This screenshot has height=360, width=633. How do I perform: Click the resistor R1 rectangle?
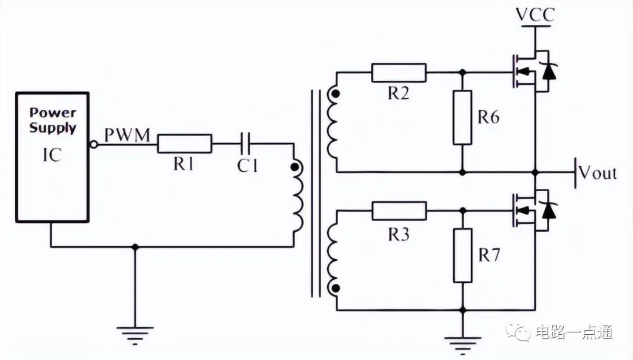(185, 144)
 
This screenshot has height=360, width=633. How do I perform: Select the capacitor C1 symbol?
(246, 144)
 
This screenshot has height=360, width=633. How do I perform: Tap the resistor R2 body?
(399, 73)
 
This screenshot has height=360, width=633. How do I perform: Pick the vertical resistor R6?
(462, 118)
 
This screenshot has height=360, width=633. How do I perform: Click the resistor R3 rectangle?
(399, 211)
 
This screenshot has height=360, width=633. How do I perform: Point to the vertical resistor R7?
(462, 256)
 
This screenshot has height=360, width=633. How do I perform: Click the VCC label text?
(535, 15)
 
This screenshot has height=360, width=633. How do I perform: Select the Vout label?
(597, 172)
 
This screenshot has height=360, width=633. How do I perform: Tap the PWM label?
(127, 135)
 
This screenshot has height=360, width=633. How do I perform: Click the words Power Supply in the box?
(53, 120)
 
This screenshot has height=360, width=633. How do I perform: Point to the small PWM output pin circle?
(94, 144)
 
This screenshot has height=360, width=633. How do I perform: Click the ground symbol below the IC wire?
(135, 335)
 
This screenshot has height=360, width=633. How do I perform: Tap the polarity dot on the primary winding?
(295, 167)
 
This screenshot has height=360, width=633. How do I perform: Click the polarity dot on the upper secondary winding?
(335, 94)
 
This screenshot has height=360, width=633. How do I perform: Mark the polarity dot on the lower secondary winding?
(335, 288)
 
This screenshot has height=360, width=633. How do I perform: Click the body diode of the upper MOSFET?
(549, 72)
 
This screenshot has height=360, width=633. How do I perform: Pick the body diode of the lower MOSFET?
(549, 210)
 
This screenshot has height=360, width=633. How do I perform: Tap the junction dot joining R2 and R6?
(462, 73)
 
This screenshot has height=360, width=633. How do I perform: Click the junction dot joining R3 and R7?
(463, 211)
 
